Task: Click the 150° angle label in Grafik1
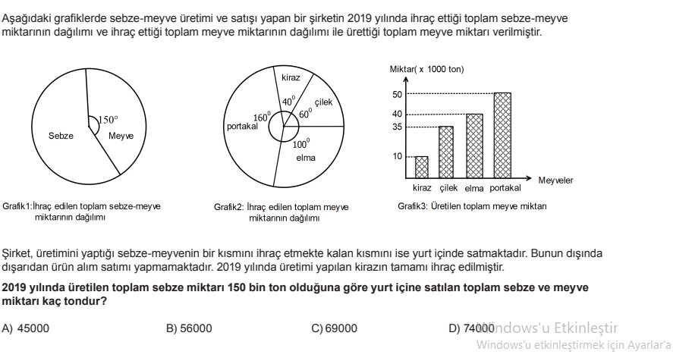click(x=108, y=120)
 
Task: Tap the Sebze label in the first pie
click(x=61, y=136)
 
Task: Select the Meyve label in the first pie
click(x=121, y=136)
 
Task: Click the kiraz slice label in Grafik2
click(x=291, y=78)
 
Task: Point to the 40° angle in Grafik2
click(x=288, y=101)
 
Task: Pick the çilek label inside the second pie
click(x=323, y=102)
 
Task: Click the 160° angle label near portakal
click(x=262, y=118)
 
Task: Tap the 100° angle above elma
click(x=300, y=143)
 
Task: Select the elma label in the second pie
click(x=305, y=158)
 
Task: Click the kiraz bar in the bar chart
click(x=421, y=166)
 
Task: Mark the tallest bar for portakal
click(x=502, y=134)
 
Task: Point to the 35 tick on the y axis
click(x=397, y=127)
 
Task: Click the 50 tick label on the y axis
click(x=397, y=94)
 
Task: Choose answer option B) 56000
click(x=189, y=328)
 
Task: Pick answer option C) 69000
click(x=335, y=328)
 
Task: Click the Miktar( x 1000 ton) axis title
click(x=426, y=69)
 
